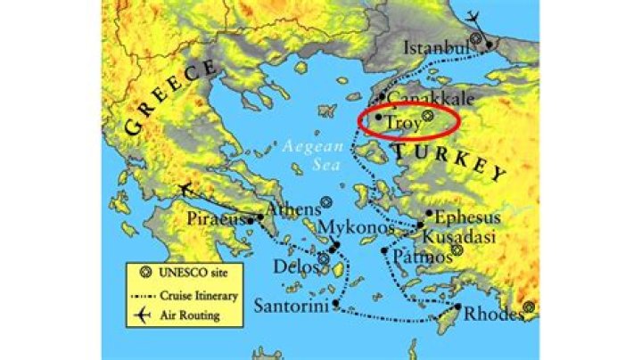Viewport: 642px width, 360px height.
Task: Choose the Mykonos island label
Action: (x=356, y=229)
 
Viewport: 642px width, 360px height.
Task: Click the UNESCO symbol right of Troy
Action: (x=428, y=115)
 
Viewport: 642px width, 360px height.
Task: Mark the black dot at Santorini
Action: (x=335, y=305)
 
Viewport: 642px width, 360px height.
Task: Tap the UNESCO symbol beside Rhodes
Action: (x=529, y=307)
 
